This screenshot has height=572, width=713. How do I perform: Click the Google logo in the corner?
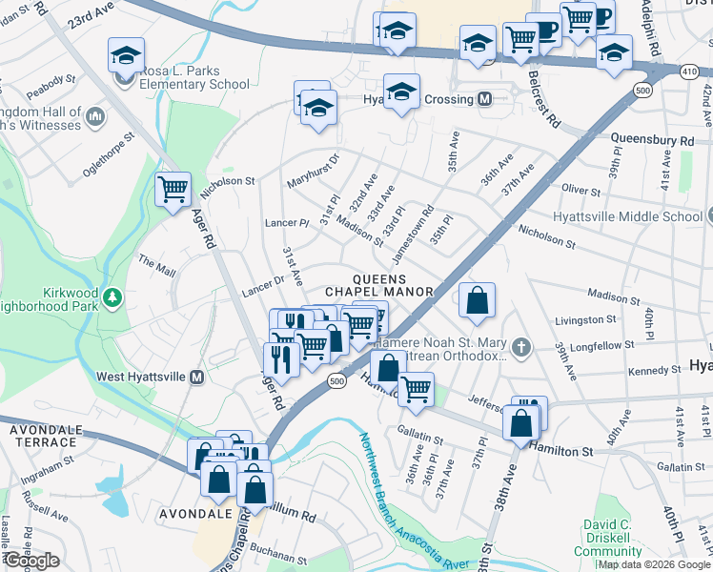click(x=31, y=561)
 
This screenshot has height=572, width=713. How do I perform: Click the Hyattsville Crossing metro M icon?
click(x=485, y=99)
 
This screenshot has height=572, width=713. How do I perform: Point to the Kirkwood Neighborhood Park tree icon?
click(x=112, y=297)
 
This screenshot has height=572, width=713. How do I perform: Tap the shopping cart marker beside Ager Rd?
click(x=173, y=190)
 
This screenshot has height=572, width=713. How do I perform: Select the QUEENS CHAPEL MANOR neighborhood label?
click(x=380, y=283)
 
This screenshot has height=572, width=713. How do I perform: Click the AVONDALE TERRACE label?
click(x=44, y=437)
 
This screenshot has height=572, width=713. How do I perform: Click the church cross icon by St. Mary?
click(x=520, y=347)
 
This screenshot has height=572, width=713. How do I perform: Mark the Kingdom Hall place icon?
click(x=93, y=116)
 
